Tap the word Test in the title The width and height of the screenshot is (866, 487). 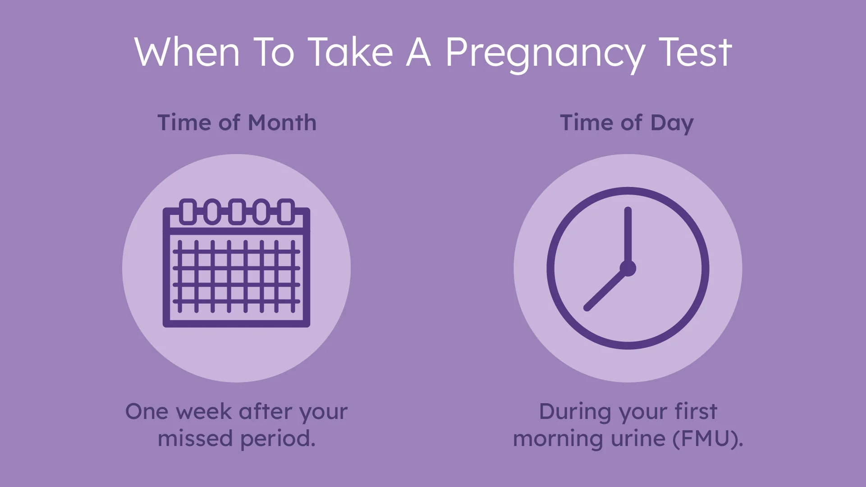695,52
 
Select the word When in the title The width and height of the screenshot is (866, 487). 187,52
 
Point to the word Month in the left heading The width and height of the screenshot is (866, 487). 282,123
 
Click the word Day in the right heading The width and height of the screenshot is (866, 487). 672,124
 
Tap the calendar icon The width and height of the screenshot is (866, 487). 236,263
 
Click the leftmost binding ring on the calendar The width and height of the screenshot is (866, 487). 188,211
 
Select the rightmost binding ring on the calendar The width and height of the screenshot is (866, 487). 285,211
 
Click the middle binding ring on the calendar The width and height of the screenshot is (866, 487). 237,211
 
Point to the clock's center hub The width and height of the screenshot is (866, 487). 628,269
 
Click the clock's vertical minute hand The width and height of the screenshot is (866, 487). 628,237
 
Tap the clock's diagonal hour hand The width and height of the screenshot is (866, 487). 607,289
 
